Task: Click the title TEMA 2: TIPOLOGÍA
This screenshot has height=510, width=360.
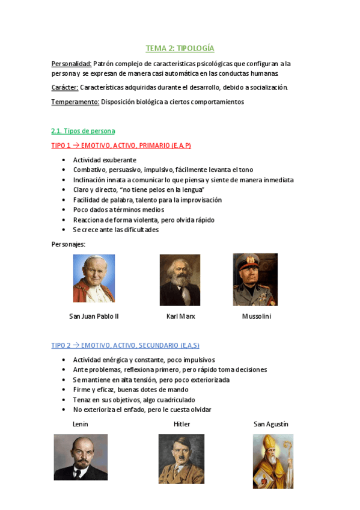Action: pyautogui.click(x=180, y=48)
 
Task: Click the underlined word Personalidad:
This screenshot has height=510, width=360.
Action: pyautogui.click(x=71, y=63)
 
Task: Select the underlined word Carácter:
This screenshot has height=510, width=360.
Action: pyautogui.click(x=65, y=87)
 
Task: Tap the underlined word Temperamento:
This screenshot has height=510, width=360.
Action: pyautogui.click(x=75, y=102)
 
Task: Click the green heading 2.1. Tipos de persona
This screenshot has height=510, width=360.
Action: pyautogui.click(x=83, y=131)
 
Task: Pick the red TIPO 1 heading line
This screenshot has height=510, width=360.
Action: pyautogui.click(x=121, y=146)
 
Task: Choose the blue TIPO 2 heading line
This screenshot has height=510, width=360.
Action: pyautogui.click(x=125, y=345)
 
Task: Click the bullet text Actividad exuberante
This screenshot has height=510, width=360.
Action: pyautogui.click(x=105, y=160)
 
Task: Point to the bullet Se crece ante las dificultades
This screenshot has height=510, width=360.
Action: pyautogui.click(x=116, y=230)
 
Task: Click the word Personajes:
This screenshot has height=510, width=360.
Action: pyautogui.click(x=69, y=244)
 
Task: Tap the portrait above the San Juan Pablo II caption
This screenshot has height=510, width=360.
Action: pyautogui.click(x=94, y=278)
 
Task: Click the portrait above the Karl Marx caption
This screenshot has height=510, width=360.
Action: pyautogui.click(x=180, y=280)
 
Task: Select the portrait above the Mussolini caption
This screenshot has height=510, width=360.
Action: pyautogui.click(x=255, y=279)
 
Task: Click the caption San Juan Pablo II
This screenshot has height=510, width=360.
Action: pyautogui.click(x=94, y=316)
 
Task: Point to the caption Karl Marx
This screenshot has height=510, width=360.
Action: pyautogui.click(x=180, y=316)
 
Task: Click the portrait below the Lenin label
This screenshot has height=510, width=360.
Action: pyautogui.click(x=81, y=457)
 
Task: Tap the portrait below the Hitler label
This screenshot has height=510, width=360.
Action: pyautogui.click(x=182, y=459)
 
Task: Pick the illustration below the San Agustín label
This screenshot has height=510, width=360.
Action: pyautogui.click(x=273, y=461)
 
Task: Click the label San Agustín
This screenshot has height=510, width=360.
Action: pyautogui.click(x=271, y=424)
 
